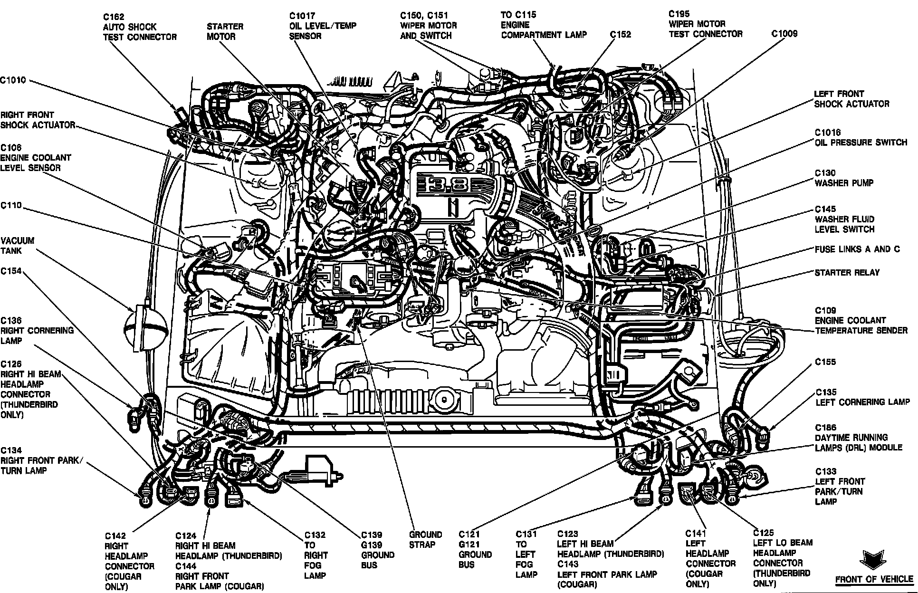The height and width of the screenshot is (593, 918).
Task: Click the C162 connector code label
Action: pos(114,17)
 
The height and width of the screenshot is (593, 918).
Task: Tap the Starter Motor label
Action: pos(225,31)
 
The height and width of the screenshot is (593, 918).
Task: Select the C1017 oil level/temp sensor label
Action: pos(322,26)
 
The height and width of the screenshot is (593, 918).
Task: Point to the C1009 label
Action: pos(784,34)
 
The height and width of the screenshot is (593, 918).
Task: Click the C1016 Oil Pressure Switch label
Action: pos(861,137)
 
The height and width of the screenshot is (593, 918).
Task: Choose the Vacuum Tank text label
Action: pos(18,246)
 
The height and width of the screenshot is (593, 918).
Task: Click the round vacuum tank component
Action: pos(146,327)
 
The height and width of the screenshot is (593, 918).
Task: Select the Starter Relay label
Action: pos(847,273)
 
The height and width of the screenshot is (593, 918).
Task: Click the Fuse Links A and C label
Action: pos(857,249)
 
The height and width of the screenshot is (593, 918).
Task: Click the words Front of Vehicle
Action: pos(874,579)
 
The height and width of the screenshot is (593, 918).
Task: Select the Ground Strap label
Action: pos(425,540)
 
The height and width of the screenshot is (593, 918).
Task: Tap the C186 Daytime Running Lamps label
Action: pos(858,438)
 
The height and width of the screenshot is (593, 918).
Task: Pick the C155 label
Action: pos(825,362)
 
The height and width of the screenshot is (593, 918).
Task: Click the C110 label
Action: pos(11,206)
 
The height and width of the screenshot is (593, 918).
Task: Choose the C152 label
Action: pos(620,35)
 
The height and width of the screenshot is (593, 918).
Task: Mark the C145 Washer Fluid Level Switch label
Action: pos(844,219)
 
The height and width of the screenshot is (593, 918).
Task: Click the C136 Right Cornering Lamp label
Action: pos(37,331)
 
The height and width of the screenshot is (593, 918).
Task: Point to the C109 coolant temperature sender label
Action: pos(861,320)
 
